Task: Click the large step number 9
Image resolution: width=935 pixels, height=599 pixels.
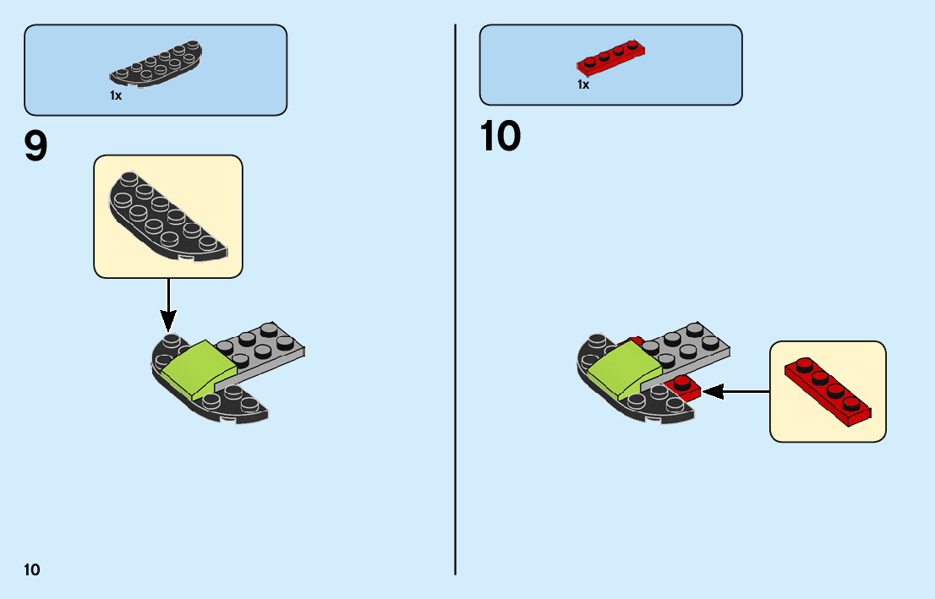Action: click(36, 146)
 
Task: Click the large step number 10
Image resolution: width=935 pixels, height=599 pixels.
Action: click(500, 137)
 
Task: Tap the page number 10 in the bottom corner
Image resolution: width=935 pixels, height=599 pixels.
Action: click(32, 569)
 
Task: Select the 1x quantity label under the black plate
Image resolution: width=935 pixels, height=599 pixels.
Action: click(116, 96)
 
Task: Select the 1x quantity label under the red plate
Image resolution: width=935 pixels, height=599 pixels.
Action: click(583, 84)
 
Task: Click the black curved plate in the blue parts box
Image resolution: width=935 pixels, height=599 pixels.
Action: click(156, 65)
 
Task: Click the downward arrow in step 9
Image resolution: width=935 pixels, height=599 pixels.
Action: click(168, 304)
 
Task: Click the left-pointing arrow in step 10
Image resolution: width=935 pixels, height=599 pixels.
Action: click(735, 391)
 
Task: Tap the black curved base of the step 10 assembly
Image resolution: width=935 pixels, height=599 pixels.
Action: click(651, 409)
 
